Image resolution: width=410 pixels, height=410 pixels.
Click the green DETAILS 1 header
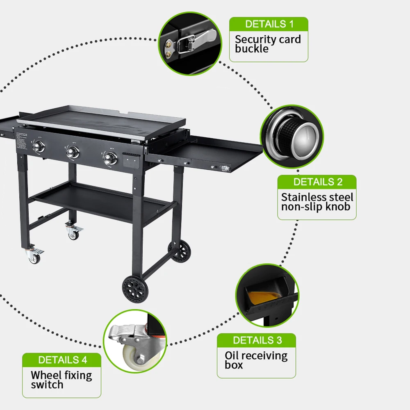(269, 24)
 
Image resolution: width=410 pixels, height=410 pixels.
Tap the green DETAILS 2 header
(317, 182)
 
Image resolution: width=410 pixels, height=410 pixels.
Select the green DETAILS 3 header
(257, 340)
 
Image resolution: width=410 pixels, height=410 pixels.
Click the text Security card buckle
(268, 44)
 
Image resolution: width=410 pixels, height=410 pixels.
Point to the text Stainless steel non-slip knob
(317, 202)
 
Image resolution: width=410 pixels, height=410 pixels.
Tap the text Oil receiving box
(256, 360)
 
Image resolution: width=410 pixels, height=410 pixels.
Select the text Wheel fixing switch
(61, 380)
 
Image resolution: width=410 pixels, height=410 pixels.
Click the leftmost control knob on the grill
(39, 147)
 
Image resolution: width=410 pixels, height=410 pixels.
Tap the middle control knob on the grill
(73, 152)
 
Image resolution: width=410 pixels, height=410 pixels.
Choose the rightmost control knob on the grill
(109, 158)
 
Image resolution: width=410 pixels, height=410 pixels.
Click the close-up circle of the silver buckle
(189, 43)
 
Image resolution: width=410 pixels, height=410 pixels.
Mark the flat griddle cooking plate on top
(102, 121)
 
